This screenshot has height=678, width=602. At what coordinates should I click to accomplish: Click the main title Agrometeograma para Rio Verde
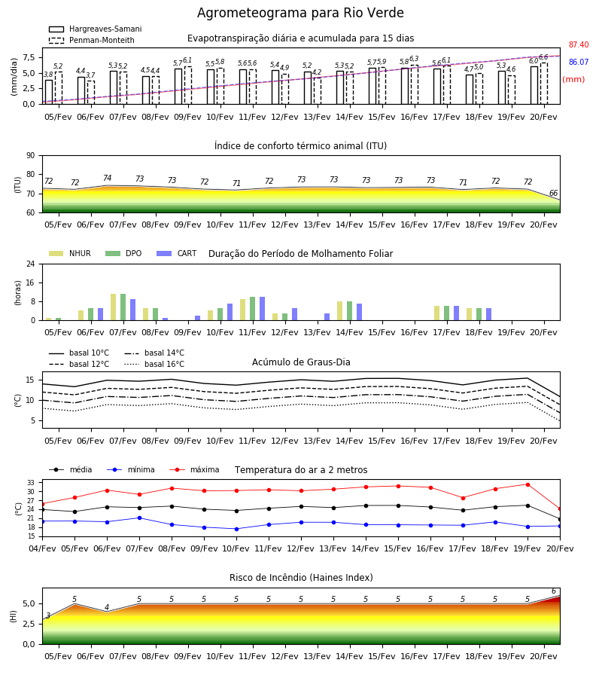(x=300, y=13)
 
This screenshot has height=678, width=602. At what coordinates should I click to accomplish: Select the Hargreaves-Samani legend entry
(x=96, y=29)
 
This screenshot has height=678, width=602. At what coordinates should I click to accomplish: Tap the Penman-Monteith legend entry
(x=92, y=40)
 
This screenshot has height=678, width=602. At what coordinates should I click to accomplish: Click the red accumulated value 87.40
(x=579, y=44)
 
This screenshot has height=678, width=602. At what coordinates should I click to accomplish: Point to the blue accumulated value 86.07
(x=579, y=62)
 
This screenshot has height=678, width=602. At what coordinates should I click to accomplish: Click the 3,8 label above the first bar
(x=48, y=75)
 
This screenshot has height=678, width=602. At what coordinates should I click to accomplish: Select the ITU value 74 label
(x=107, y=178)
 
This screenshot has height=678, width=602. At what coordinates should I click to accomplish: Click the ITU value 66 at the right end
(x=553, y=194)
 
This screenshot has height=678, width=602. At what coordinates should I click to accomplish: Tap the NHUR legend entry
(x=70, y=253)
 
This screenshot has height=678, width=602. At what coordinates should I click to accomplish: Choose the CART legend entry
(x=177, y=253)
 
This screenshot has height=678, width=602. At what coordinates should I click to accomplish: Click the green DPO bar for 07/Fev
(x=123, y=307)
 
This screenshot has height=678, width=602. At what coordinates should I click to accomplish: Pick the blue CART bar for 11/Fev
(x=262, y=309)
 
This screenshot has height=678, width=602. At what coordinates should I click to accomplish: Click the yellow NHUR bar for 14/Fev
(x=340, y=311)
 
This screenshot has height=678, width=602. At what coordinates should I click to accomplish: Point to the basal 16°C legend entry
(x=154, y=364)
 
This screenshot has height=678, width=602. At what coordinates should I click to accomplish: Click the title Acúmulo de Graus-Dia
(x=301, y=362)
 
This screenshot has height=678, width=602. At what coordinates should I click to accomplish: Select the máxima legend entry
(x=194, y=469)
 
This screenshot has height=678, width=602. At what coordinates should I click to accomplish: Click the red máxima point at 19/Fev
(x=528, y=484)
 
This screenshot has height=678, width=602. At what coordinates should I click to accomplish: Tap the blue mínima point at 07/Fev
(x=139, y=518)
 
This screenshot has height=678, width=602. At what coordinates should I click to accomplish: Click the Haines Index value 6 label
(x=554, y=591)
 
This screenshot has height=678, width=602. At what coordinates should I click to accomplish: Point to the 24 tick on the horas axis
(x=31, y=264)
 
